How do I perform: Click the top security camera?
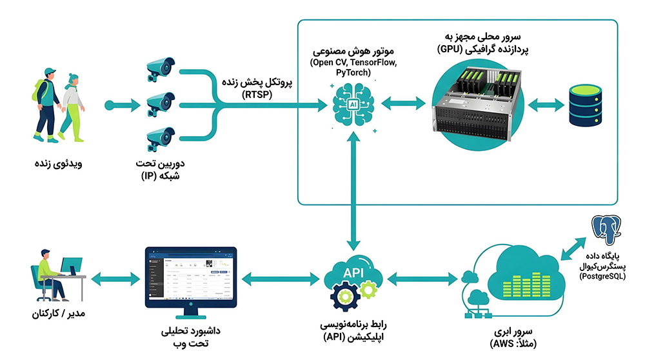(161, 68)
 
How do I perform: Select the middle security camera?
(161, 104)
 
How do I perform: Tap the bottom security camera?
(161, 139)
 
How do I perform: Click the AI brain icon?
(353, 105)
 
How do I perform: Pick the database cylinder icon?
(586, 105)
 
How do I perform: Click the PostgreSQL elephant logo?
(606, 229)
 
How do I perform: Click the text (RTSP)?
(257, 95)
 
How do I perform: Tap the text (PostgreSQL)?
(602, 277)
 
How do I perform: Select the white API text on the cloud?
(353, 272)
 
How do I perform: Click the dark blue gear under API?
(344, 296)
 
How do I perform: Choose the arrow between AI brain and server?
(404, 103)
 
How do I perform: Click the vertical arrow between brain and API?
(353, 192)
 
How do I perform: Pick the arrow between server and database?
(546, 105)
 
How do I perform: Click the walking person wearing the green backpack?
(46, 105)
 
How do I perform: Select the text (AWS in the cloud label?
(502, 344)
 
